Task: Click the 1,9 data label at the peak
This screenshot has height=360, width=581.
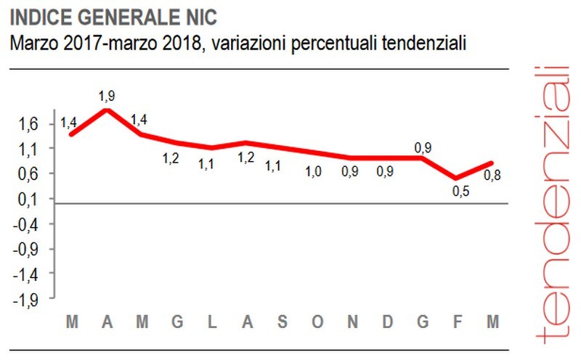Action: pyautogui.click(x=107, y=96)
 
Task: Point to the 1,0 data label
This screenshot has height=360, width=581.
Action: pyautogui.click(x=314, y=172)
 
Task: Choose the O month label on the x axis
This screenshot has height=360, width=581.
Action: pyautogui.click(x=317, y=322)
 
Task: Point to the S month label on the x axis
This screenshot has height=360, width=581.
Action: pyautogui.click(x=283, y=322)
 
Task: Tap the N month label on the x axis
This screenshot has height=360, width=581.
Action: pyautogui.click(x=352, y=322)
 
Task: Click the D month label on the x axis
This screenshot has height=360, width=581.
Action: pyautogui.click(x=387, y=322)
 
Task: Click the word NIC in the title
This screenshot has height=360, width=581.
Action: pyautogui.click(x=179, y=15)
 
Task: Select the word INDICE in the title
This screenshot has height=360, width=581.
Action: pyautogui.click(x=38, y=15)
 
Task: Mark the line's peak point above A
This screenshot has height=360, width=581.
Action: pyautogui.click(x=107, y=110)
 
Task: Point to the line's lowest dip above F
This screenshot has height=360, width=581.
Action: pyautogui.click(x=455, y=178)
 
